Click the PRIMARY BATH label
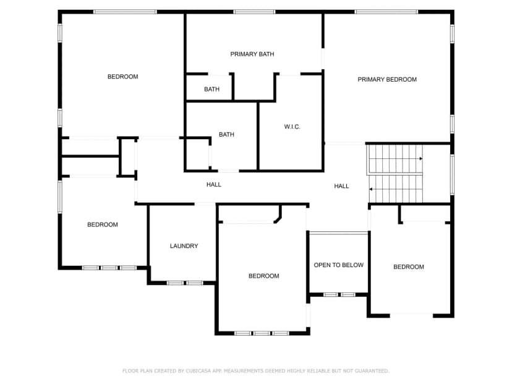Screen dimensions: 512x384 252,54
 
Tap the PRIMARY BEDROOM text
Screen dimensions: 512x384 387,79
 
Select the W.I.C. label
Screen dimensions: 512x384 292,127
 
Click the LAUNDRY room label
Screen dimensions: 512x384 184,246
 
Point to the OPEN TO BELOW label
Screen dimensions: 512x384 339,265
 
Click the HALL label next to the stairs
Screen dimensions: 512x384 341,186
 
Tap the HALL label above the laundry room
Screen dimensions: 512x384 214,185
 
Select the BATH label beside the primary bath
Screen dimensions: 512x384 211,89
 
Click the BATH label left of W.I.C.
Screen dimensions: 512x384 226,135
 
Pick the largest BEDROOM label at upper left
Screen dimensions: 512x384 123,77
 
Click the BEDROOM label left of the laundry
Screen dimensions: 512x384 103,224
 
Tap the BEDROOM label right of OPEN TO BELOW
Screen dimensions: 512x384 409,267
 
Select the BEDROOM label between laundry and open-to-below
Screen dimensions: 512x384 264,276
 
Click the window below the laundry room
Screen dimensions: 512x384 185,283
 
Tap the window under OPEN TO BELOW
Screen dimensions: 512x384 339,294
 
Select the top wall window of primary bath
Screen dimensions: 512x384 254,12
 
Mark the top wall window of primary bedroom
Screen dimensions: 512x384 386,12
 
